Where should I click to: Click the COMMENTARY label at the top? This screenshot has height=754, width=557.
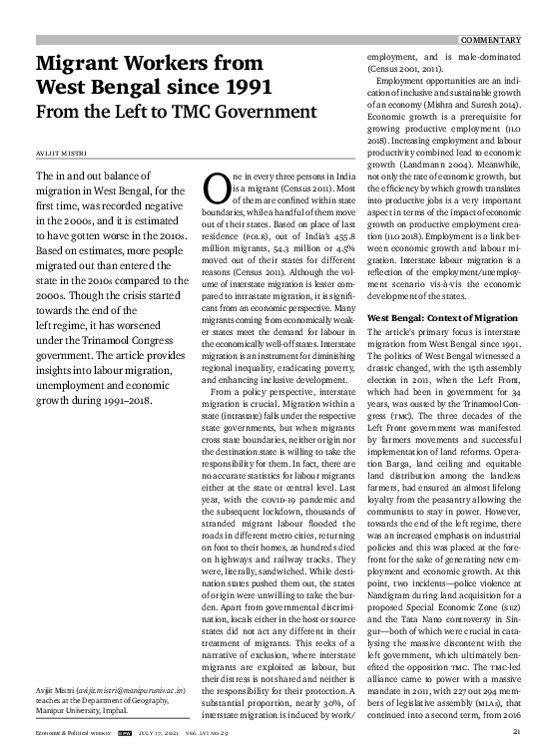(x=490, y=39)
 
